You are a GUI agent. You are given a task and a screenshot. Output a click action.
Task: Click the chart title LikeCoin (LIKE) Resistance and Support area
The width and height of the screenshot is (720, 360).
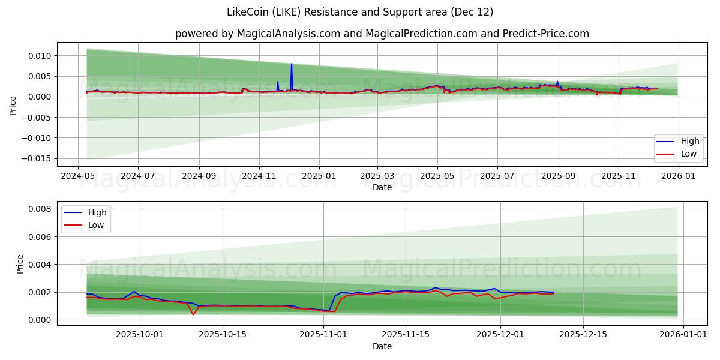coord(360,12)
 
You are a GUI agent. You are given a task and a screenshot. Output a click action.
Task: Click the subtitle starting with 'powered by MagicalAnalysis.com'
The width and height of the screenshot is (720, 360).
coord(382,34)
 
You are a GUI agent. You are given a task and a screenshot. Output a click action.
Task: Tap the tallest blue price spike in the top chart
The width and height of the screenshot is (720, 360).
coord(292,64)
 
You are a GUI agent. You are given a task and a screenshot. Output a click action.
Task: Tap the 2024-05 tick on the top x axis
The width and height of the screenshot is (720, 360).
coord(78,177)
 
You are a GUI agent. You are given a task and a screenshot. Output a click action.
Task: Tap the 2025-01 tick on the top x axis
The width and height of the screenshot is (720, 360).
coord(319,177)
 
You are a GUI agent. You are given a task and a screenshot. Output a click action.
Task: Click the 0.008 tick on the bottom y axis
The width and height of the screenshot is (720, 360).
coord(40,209)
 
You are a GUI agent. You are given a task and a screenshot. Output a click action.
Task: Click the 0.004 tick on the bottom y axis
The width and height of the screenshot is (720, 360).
coord(40,265)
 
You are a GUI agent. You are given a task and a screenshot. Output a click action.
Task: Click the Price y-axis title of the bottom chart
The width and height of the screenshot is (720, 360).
coord(20,264)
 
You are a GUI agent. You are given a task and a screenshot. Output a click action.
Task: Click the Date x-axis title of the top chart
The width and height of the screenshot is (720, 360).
coord(382,187)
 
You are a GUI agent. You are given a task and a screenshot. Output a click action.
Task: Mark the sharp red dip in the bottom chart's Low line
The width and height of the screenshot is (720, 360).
coord(193,314)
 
